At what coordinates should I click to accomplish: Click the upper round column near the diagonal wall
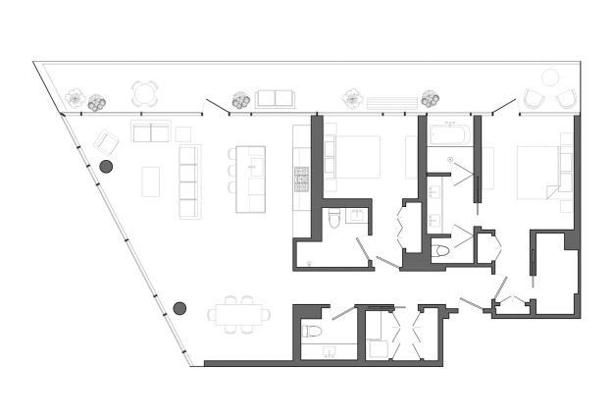[106, 167]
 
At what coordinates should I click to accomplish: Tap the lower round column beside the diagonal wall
[179, 308]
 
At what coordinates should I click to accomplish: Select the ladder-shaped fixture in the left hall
[185, 181]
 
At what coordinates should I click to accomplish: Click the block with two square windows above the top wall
[275, 100]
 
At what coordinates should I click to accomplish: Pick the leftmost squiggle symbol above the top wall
[97, 105]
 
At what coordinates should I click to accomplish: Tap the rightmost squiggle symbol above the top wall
[430, 102]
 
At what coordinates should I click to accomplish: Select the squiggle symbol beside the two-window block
[238, 106]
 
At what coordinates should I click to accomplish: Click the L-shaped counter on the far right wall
[563, 173]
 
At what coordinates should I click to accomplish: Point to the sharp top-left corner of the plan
[61, 116]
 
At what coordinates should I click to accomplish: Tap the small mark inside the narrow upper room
[450, 157]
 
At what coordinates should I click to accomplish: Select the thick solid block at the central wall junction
[417, 261]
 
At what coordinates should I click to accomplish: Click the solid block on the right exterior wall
[571, 240]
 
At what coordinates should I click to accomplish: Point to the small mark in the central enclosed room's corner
[310, 262]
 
